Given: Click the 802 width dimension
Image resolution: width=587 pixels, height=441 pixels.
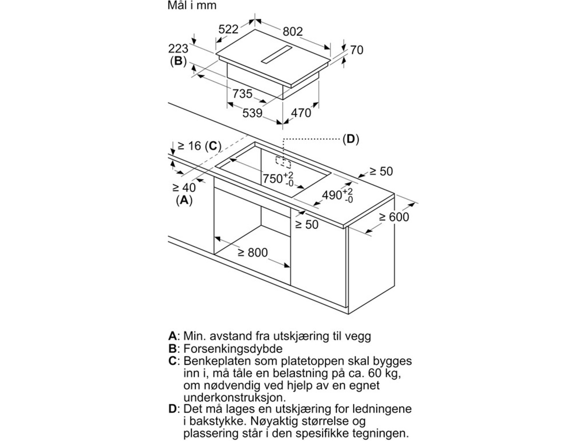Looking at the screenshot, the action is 293,31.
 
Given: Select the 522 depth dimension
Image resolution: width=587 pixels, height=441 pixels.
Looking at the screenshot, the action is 228,29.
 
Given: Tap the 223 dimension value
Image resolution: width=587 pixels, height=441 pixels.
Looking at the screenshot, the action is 178,49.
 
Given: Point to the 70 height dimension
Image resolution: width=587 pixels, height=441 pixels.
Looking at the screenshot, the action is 357,50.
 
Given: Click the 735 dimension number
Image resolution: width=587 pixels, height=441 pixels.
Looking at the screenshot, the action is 242,94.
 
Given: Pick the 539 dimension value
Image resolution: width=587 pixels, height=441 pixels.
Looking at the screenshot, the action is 252,113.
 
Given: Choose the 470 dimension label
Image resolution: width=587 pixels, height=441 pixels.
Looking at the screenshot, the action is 301,113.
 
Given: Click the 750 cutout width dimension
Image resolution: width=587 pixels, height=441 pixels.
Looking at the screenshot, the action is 278,178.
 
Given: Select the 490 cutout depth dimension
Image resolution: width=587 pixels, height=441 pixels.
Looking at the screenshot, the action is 338,196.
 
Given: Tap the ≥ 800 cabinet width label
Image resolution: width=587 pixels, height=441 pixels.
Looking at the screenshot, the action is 253,252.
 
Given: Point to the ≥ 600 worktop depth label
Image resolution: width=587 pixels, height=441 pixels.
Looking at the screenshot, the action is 394,217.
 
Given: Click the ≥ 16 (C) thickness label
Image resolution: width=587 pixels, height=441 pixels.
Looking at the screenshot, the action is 200,146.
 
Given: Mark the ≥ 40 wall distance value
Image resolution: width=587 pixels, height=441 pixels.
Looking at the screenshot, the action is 184,188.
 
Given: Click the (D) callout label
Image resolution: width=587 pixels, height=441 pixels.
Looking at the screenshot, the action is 351,139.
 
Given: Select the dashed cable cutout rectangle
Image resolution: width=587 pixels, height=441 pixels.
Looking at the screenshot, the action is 283,162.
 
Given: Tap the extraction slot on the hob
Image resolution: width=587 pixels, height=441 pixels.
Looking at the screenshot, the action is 276,54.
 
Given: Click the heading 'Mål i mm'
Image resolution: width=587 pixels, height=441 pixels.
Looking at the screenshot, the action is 192,5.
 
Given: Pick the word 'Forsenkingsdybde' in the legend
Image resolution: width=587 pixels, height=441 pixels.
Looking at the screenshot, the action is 233,349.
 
